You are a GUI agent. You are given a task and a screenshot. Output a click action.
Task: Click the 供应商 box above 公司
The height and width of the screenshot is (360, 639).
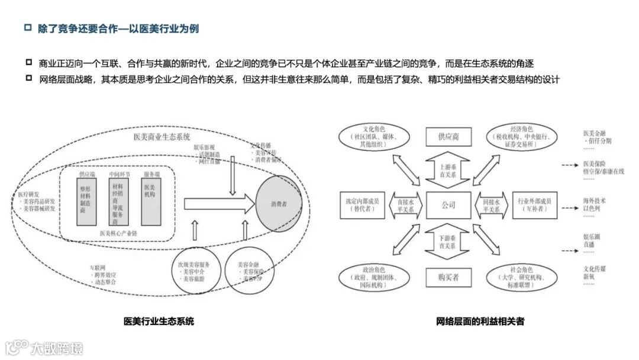(448, 136)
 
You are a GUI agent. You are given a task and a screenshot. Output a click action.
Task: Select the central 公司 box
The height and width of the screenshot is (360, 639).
(448, 205)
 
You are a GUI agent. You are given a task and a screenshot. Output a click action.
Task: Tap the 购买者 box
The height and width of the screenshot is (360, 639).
(448, 277)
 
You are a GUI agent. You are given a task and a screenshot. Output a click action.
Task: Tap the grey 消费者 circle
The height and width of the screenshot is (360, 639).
(279, 204)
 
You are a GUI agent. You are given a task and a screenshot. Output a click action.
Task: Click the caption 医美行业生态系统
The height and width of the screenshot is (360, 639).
(159, 322)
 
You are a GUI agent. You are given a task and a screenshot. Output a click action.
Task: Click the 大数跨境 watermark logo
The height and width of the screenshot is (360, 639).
(44, 348)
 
